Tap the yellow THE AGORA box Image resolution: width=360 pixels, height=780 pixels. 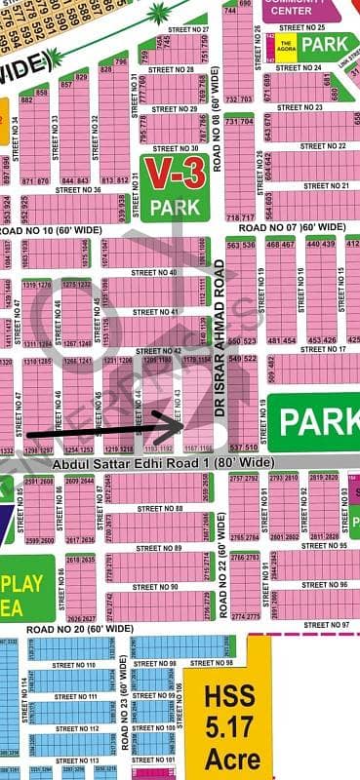pyautogui.click(x=286, y=48)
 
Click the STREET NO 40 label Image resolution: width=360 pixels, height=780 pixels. pyautogui.click(x=158, y=272)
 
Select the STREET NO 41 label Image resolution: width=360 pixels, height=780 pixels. pyautogui.click(x=158, y=312)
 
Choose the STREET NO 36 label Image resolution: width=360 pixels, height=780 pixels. pyautogui.click(x=78, y=190)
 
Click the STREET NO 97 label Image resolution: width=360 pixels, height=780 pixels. pyautogui.click(x=326, y=624)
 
